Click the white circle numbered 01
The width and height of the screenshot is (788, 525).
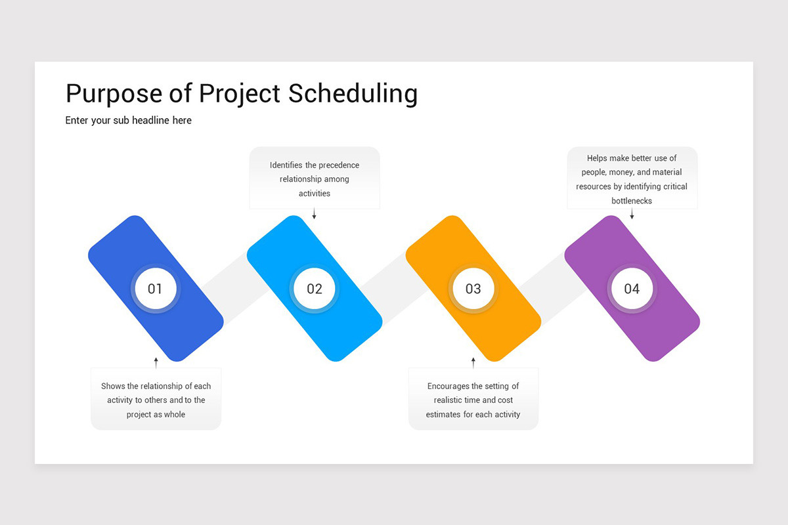point(155,289)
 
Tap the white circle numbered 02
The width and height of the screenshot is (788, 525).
point(314,289)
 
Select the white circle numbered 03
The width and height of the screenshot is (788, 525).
point(473,289)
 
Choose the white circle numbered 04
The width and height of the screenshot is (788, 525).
point(632,289)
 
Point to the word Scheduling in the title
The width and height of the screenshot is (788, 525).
point(353,94)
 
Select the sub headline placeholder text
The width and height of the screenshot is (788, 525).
point(128,121)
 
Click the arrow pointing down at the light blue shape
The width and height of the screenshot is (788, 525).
point(314,214)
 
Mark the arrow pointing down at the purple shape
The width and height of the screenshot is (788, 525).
point(632,214)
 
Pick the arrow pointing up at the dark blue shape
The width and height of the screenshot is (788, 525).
point(156,362)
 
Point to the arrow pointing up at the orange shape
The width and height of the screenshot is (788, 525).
point(473,362)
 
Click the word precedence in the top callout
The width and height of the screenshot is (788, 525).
point(339,165)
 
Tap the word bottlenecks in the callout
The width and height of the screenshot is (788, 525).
point(632,201)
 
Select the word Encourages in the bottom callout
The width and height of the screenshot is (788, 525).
point(449,387)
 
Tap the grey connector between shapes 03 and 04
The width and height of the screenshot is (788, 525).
point(545,282)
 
